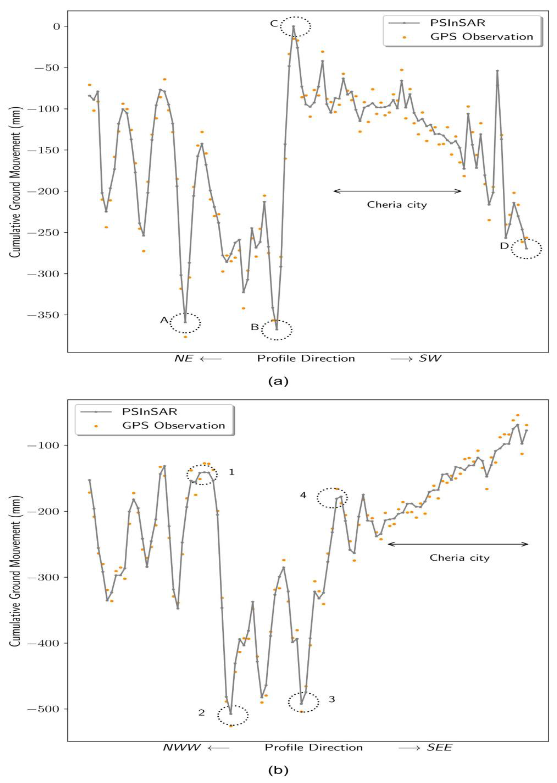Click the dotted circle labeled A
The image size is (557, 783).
(x=185, y=323)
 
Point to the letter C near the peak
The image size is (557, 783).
(x=274, y=24)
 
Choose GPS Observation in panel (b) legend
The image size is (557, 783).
(x=173, y=425)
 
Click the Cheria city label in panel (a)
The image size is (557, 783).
(x=397, y=205)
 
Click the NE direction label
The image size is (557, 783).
(x=184, y=359)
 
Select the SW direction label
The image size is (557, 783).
(x=430, y=359)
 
